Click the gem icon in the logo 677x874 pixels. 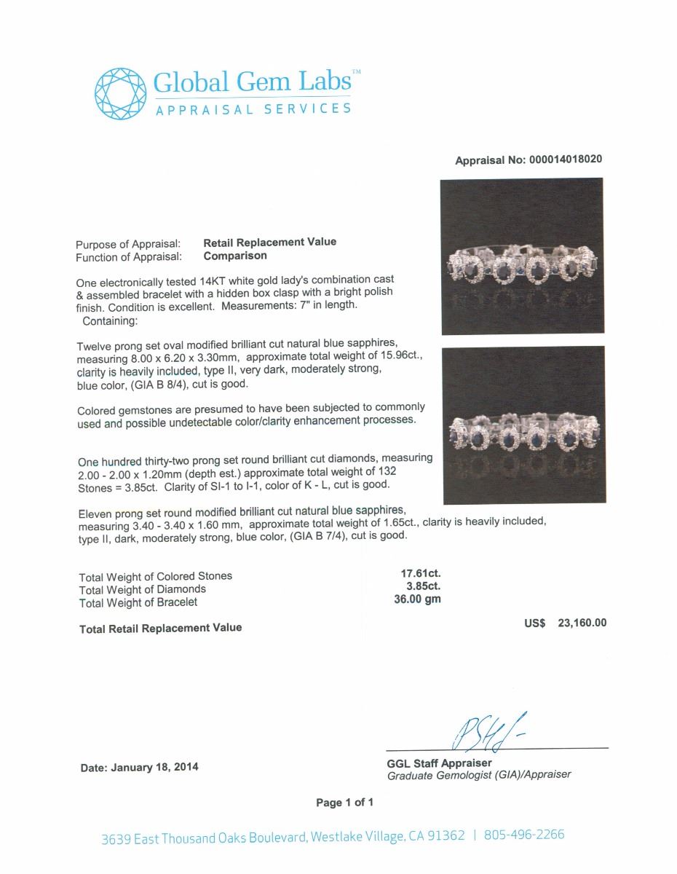tap(119, 92)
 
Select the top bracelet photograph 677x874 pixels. tap(523, 256)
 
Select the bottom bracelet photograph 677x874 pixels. tap(523, 425)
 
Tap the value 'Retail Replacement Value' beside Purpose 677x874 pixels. tap(269, 243)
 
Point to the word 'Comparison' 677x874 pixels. tap(234, 256)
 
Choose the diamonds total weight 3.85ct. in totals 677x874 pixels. tap(421, 586)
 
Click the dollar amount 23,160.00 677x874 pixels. tap(582, 623)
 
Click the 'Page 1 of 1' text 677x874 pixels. tap(344, 803)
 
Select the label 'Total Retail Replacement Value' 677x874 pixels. tap(160, 628)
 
